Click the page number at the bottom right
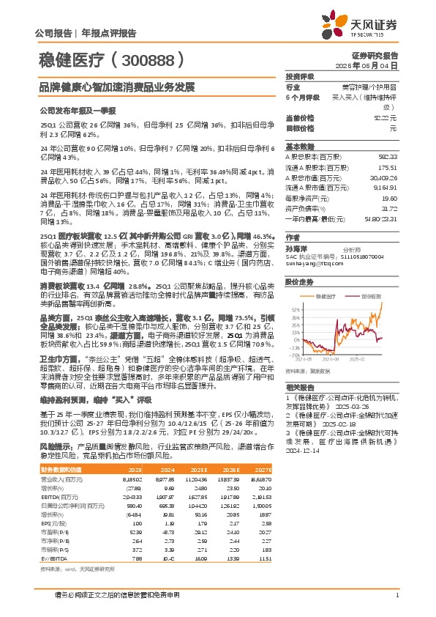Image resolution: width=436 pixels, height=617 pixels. coord(396,595)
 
